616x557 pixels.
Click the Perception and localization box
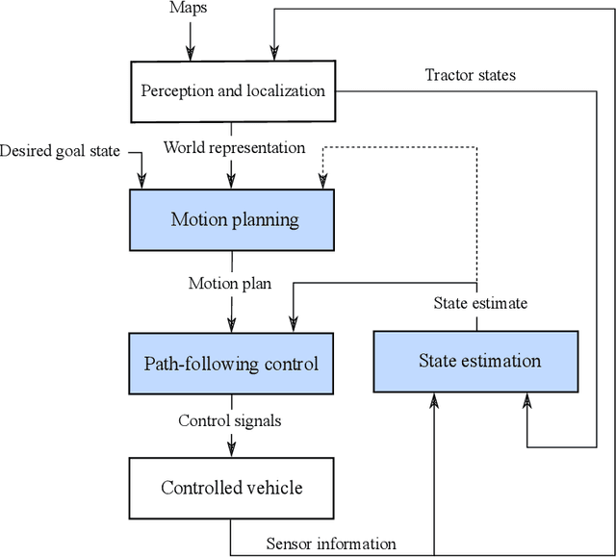pos(232,92)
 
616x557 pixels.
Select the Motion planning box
pos(232,219)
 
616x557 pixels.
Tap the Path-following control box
pos(232,364)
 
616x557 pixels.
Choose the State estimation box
pos(476,362)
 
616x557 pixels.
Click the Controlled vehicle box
pos(232,488)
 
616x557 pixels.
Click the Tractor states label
pos(471,75)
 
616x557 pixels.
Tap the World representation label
pos(234,148)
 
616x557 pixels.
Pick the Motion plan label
pos(230,283)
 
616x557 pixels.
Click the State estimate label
pos(478,303)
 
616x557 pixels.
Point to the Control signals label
pos(230,420)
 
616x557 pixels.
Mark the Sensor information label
pos(330,544)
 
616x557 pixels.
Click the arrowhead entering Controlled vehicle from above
pos(231,449)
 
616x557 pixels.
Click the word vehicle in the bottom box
pos(270,488)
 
